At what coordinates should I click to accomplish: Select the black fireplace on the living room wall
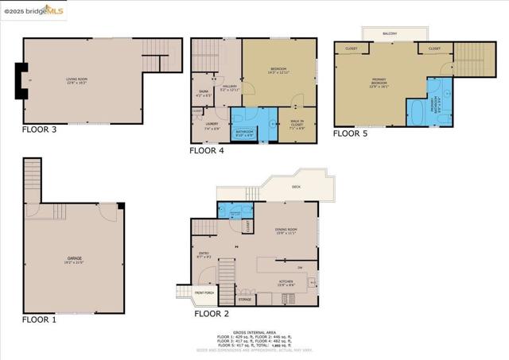point(18,80)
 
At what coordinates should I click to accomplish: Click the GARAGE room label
point(74,259)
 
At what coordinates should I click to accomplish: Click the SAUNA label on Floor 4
point(204,93)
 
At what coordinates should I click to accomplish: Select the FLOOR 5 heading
point(350,134)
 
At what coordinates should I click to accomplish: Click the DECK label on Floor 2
point(296,187)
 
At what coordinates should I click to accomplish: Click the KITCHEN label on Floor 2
point(285,282)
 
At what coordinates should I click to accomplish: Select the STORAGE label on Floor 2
point(245,299)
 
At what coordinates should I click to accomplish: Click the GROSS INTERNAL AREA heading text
point(254,333)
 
